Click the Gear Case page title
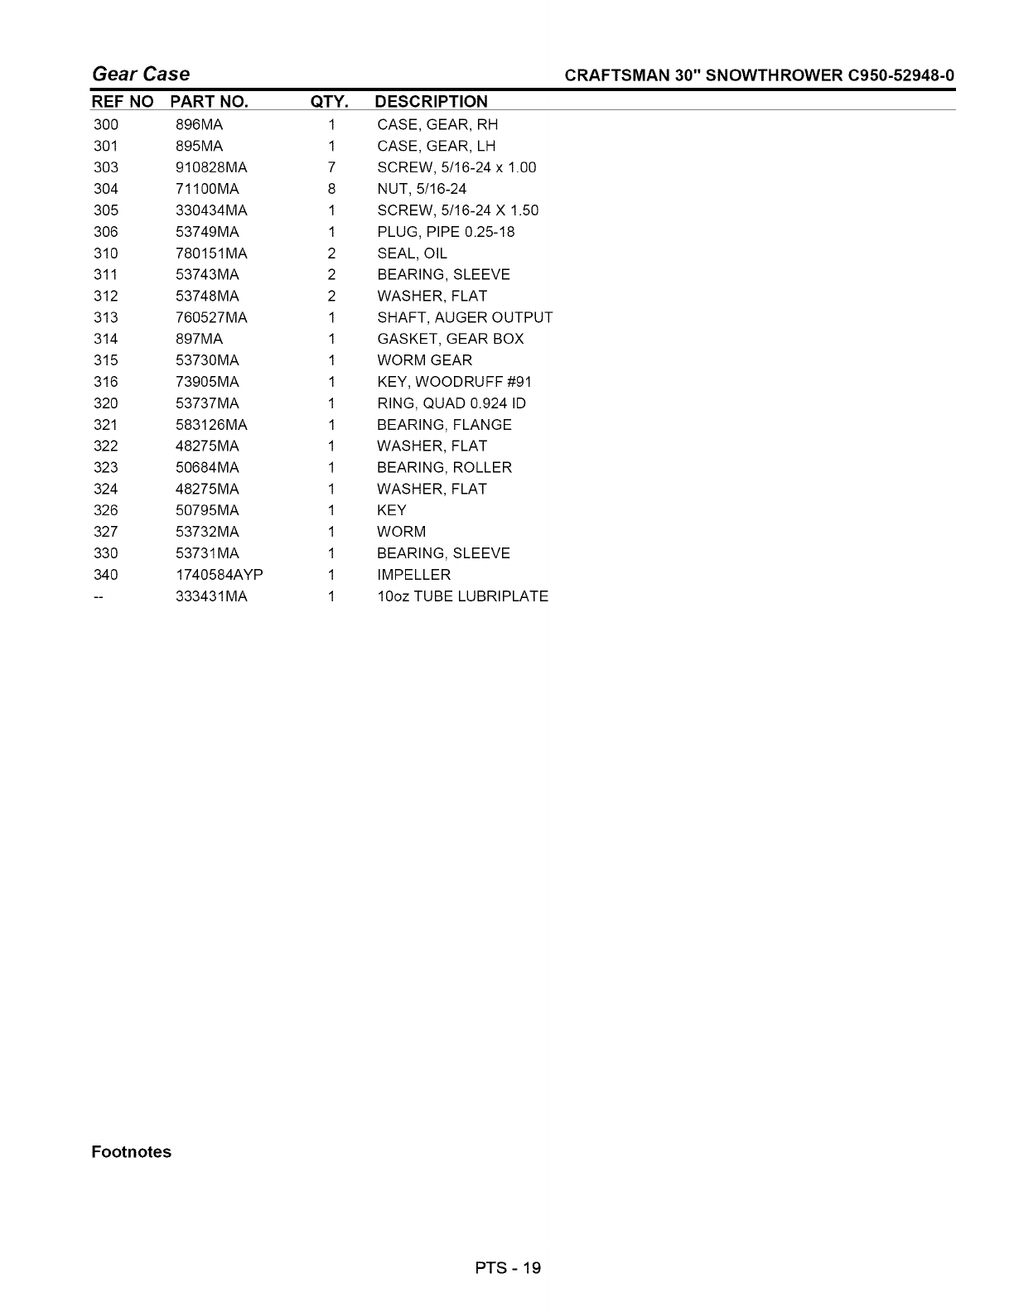pos(141,75)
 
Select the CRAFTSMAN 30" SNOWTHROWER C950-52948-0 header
pos(759,76)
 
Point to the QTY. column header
pos(329,102)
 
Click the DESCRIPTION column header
pos(431,102)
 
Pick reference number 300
pos(106,125)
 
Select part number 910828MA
pos(211,167)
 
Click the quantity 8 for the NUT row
pos(331,189)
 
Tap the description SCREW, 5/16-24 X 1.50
pos(457,210)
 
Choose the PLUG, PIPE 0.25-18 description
pos(446,232)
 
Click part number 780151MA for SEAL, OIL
pos(211,253)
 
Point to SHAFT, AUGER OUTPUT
pos(465,317)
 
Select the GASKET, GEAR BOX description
pos(450,339)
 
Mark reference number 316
pos(106,382)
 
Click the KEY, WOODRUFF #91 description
pos(454,382)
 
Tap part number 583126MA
pos(211,425)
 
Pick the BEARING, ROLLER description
pos(444,468)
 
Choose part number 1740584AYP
pos(220,575)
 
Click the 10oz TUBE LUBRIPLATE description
pos(462,596)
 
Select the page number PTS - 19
pos(507,1267)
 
